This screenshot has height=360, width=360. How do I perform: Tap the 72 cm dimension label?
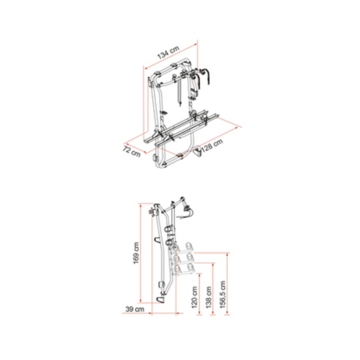click(132, 151)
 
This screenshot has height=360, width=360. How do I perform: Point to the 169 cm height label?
click(136, 253)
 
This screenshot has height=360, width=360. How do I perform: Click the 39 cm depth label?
click(135, 309)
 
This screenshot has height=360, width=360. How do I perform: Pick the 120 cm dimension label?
click(194, 297)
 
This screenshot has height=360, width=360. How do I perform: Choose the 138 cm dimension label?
click(208, 297)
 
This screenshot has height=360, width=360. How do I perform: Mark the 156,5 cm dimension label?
click(222, 294)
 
